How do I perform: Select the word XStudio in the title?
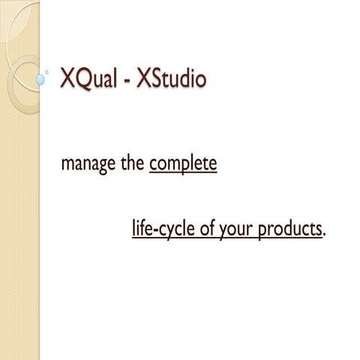tap(168, 79)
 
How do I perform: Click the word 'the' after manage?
tap(132, 163)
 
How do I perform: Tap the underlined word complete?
tap(183, 163)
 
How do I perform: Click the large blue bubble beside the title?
tap(41, 77)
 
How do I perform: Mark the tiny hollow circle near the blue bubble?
tap(49, 71)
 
